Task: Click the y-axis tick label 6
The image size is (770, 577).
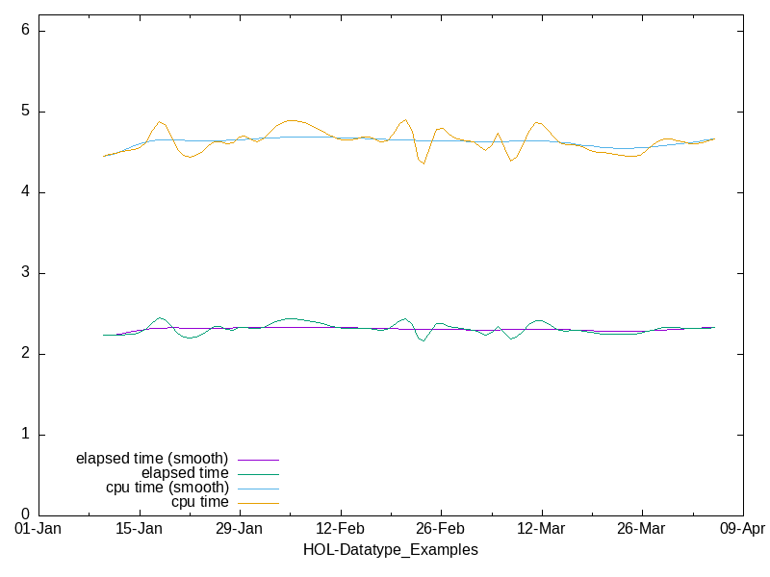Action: [26, 31]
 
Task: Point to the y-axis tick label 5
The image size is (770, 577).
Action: [26, 112]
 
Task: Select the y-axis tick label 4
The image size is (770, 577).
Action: [26, 192]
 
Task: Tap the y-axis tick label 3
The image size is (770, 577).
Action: [26, 273]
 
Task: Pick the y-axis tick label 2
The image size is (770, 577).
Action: [26, 354]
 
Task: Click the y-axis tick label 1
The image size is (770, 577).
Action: [26, 435]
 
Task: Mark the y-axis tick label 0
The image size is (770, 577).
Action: [26, 515]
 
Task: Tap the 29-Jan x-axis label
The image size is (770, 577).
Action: [239, 530]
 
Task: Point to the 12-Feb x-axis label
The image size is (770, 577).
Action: [340, 530]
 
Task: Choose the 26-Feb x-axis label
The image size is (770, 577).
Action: [440, 530]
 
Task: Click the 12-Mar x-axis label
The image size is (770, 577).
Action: [540, 530]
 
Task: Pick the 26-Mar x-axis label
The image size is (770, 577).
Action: [641, 530]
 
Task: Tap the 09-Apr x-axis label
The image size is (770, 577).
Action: [741, 530]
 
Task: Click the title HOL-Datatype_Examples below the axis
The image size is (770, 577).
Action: [390, 550]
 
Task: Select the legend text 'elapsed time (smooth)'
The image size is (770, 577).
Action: [152, 458]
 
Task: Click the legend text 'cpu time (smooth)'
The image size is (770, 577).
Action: [167, 488]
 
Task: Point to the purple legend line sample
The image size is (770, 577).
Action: [258, 460]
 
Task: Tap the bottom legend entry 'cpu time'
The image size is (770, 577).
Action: [200, 502]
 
